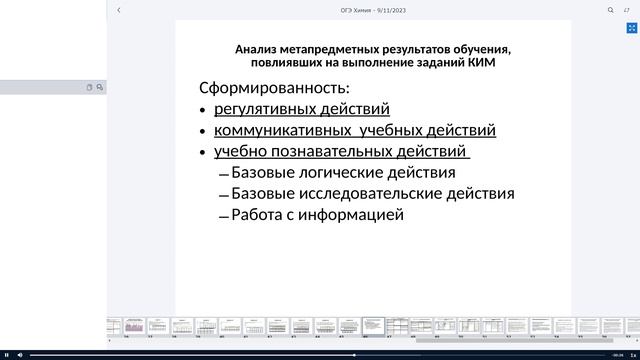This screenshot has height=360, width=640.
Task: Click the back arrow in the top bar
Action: [119, 10]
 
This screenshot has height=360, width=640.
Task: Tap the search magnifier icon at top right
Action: [610, 10]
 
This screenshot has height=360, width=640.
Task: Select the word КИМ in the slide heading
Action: [482, 62]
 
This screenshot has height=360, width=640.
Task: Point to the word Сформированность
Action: [274, 88]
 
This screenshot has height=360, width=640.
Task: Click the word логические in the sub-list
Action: [337, 173]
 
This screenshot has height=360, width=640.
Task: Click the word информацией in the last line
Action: [357, 214]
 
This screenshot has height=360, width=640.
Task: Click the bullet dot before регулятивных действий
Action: [203, 111]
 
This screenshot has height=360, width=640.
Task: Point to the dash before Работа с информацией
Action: [223, 216]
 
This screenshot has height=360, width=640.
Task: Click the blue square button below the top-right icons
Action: [631, 29]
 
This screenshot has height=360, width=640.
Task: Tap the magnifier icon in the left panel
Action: [100, 88]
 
